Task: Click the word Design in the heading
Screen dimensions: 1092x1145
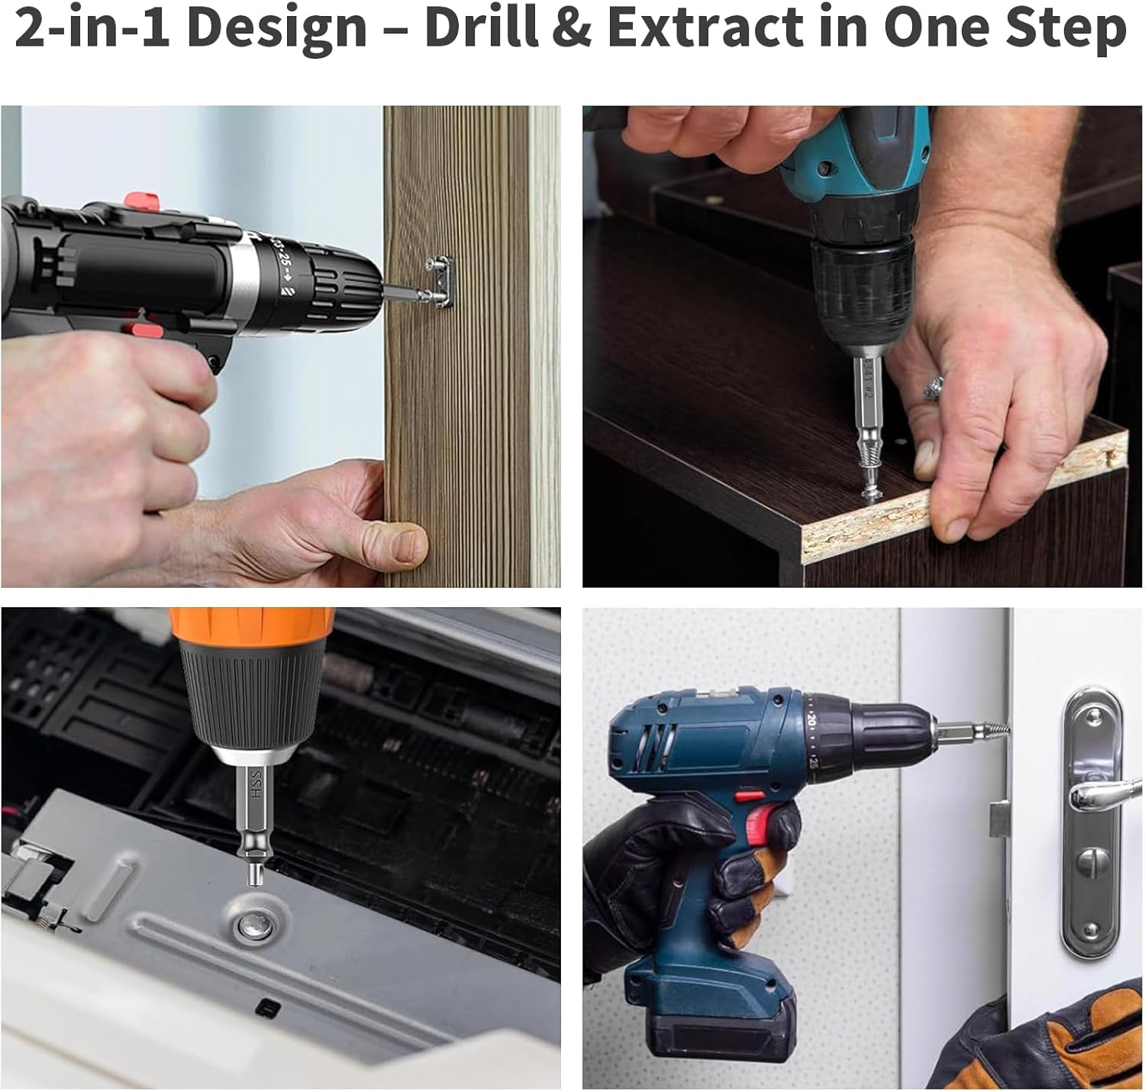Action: click(x=276, y=27)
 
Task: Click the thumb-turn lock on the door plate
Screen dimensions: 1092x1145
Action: click(x=1091, y=864)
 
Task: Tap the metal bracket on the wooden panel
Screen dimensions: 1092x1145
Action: click(x=440, y=279)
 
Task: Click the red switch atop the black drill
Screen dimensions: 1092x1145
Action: click(x=144, y=200)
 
